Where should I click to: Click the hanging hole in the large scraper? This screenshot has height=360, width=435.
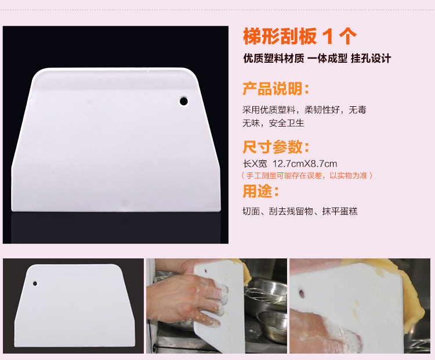pyautogui.click(x=184, y=101)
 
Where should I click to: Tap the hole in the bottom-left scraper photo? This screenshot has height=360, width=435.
pyautogui.click(x=35, y=283)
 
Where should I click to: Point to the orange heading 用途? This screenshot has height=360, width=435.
pyautogui.click(x=260, y=191)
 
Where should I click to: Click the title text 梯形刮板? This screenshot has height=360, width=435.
pyautogui.click(x=280, y=37)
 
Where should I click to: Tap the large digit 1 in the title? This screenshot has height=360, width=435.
pyautogui.click(x=328, y=37)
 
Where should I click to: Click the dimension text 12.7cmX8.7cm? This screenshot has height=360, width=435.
pyautogui.click(x=304, y=164)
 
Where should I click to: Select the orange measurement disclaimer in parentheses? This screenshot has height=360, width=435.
pyautogui.click(x=307, y=175)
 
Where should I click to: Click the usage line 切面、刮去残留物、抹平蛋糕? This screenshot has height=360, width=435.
pyautogui.click(x=300, y=211)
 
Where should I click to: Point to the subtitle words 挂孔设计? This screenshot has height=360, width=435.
pyautogui.click(x=371, y=58)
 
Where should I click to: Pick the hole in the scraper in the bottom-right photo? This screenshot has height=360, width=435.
pyautogui.click(x=302, y=294)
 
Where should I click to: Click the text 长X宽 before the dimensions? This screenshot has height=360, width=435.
pyautogui.click(x=255, y=164)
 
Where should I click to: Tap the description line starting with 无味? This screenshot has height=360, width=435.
pyautogui.click(x=273, y=123)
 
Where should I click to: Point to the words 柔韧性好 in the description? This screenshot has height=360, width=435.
pyautogui.click(x=322, y=110)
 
